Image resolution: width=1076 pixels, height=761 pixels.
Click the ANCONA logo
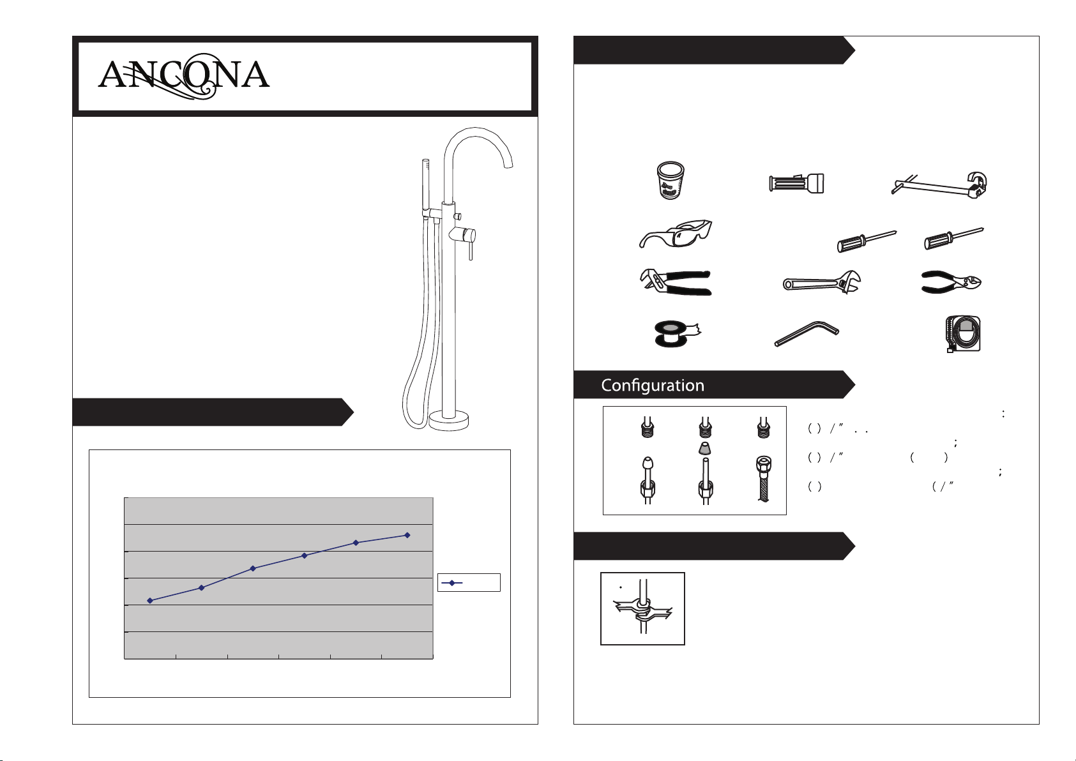click(183, 76)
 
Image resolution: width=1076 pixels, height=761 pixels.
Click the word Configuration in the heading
click(653, 385)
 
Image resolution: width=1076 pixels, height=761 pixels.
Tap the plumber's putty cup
click(670, 180)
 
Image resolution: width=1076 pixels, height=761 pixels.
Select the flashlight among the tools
click(796, 183)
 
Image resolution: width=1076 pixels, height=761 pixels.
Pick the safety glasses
click(676, 234)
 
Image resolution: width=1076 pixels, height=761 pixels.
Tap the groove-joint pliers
click(675, 282)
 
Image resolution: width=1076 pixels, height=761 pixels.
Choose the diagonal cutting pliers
click(951, 282)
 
